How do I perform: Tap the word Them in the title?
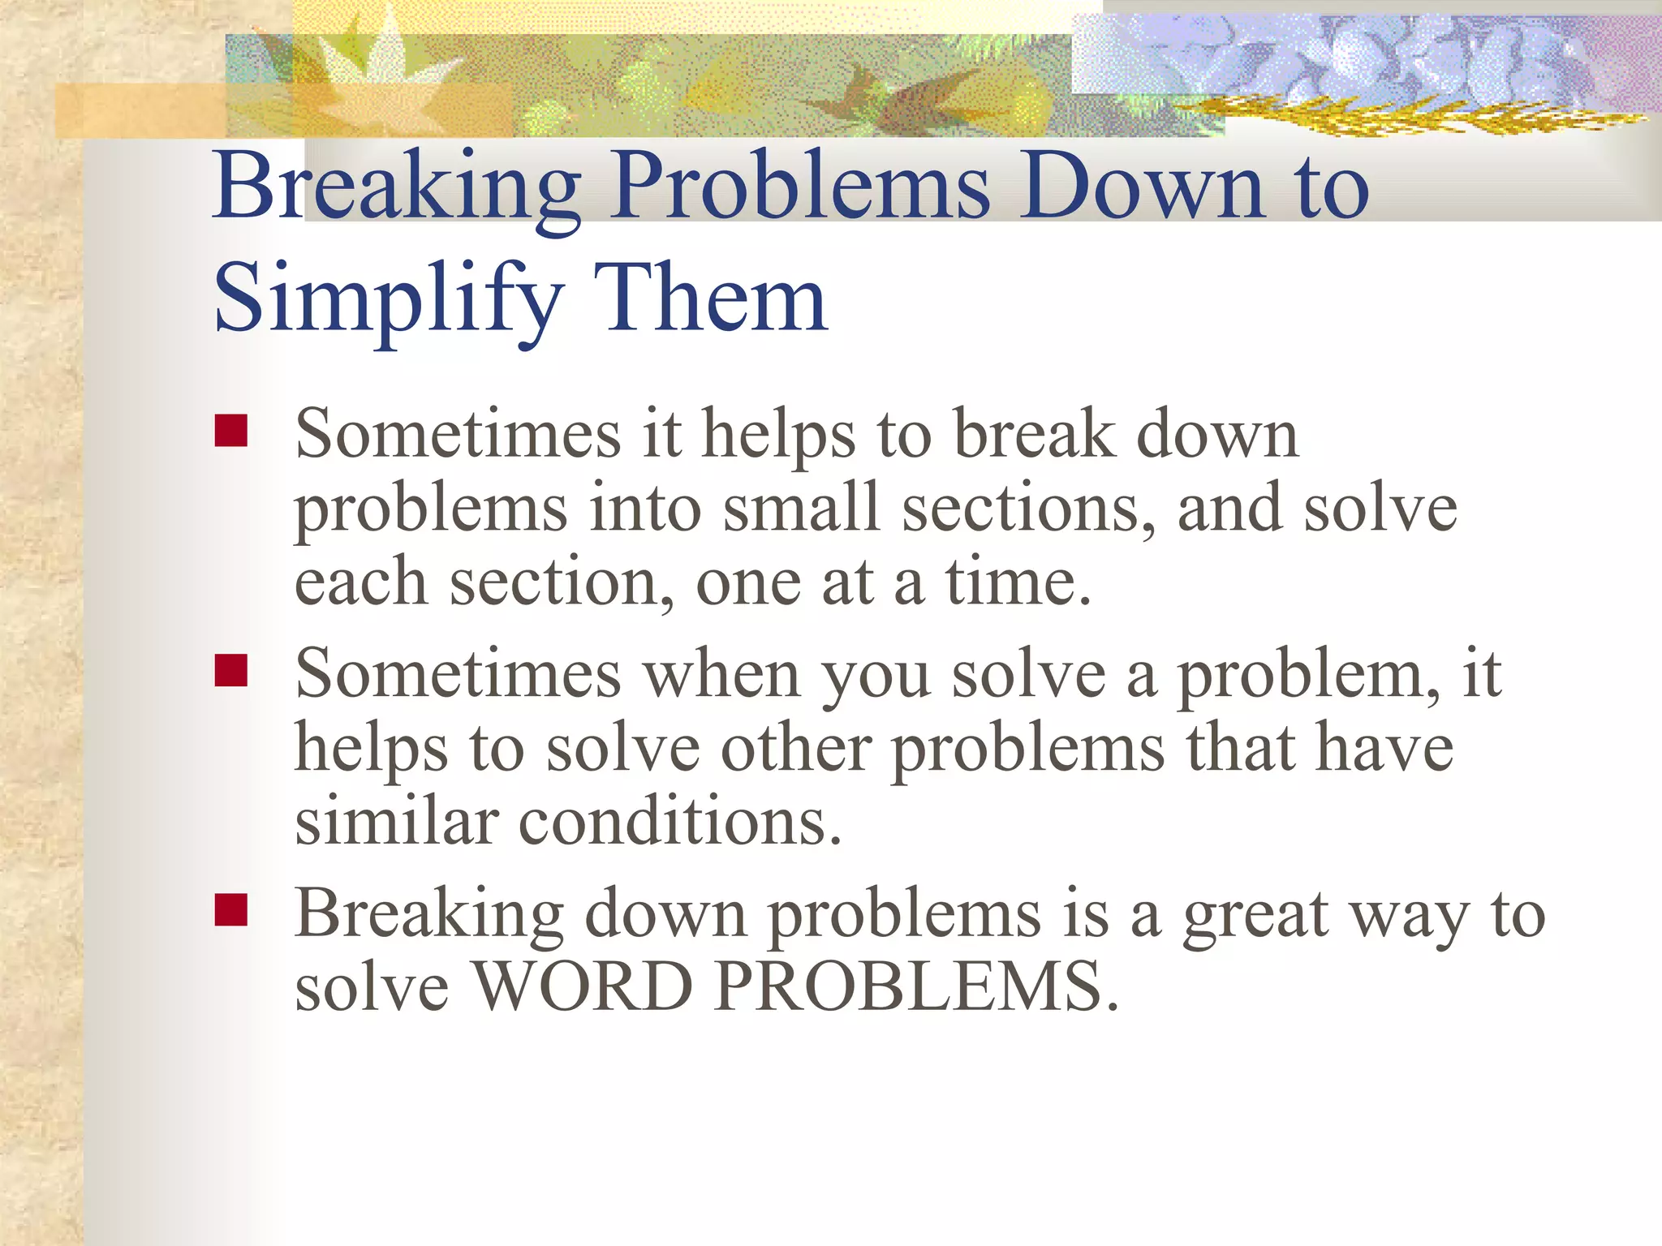pos(710,299)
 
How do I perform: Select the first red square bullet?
pos(231,431)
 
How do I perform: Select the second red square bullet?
pos(231,671)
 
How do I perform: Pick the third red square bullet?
pos(231,910)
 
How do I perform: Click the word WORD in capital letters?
pos(582,986)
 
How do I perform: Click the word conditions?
pos(679,821)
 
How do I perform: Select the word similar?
pos(396,821)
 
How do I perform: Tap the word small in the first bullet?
pos(801,508)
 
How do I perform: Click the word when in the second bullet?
pos(721,675)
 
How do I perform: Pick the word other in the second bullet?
pos(795,748)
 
